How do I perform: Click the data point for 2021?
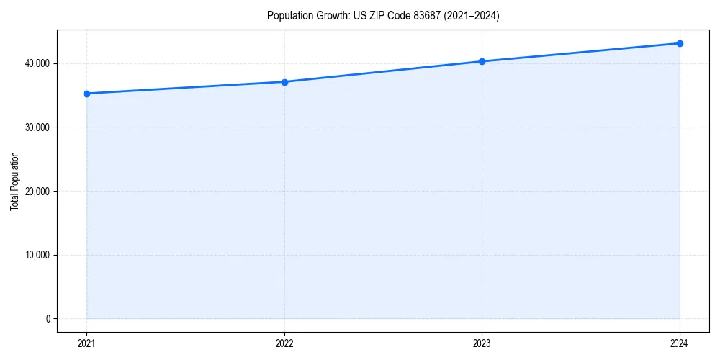tap(87, 94)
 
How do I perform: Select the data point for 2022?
tap(284, 82)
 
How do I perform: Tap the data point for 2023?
tap(482, 61)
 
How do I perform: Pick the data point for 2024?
tap(680, 43)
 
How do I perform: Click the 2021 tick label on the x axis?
tap(87, 343)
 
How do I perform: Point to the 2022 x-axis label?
tap(284, 343)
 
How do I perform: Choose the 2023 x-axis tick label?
tap(482, 343)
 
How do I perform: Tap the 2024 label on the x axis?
tap(680, 343)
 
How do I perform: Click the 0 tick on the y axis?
tap(48, 319)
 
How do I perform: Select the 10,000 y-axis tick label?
tap(36, 255)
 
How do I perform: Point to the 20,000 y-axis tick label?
tap(36, 192)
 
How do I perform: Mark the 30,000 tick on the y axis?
tap(36, 127)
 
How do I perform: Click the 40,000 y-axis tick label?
tap(36, 64)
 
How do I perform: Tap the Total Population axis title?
tap(14, 181)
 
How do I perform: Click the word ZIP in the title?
tap(376, 16)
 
